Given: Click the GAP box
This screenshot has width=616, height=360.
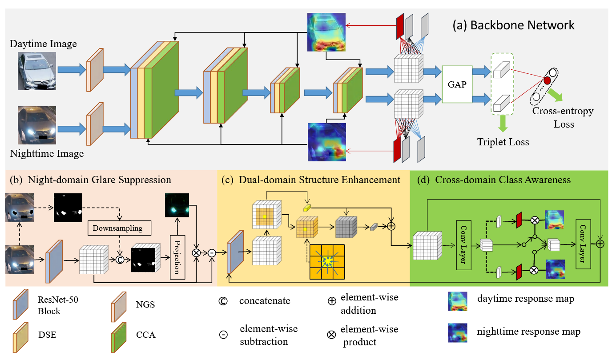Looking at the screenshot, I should [x=457, y=84].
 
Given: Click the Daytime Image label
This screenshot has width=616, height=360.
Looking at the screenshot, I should [x=43, y=44].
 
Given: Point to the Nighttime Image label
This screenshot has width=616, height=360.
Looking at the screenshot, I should [x=47, y=154].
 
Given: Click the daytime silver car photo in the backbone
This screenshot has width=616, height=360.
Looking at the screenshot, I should [x=37, y=71].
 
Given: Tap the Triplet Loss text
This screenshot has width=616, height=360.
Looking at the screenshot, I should [x=503, y=142].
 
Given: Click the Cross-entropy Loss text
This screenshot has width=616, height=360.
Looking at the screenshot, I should [x=563, y=117].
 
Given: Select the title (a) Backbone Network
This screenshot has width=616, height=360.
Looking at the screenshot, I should [x=513, y=25].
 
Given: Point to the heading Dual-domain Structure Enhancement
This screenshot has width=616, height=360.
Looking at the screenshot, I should [x=319, y=180].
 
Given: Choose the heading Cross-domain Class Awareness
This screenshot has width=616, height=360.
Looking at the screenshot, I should [x=503, y=180].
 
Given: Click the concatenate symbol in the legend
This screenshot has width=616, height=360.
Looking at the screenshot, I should [x=223, y=301].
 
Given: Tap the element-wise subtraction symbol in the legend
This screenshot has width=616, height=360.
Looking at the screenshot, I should [x=223, y=335].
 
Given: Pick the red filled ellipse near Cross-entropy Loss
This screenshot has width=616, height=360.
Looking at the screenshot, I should [x=547, y=80].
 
